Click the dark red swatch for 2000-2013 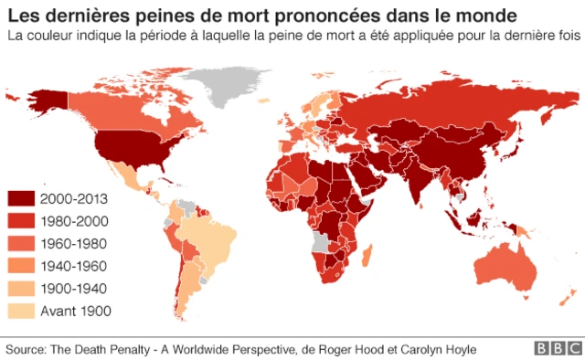click(21, 198)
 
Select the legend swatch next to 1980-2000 click(21, 221)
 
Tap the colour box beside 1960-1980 click(21, 243)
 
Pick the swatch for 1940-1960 click(21, 266)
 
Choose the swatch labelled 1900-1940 click(21, 288)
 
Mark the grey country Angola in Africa click(322, 241)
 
